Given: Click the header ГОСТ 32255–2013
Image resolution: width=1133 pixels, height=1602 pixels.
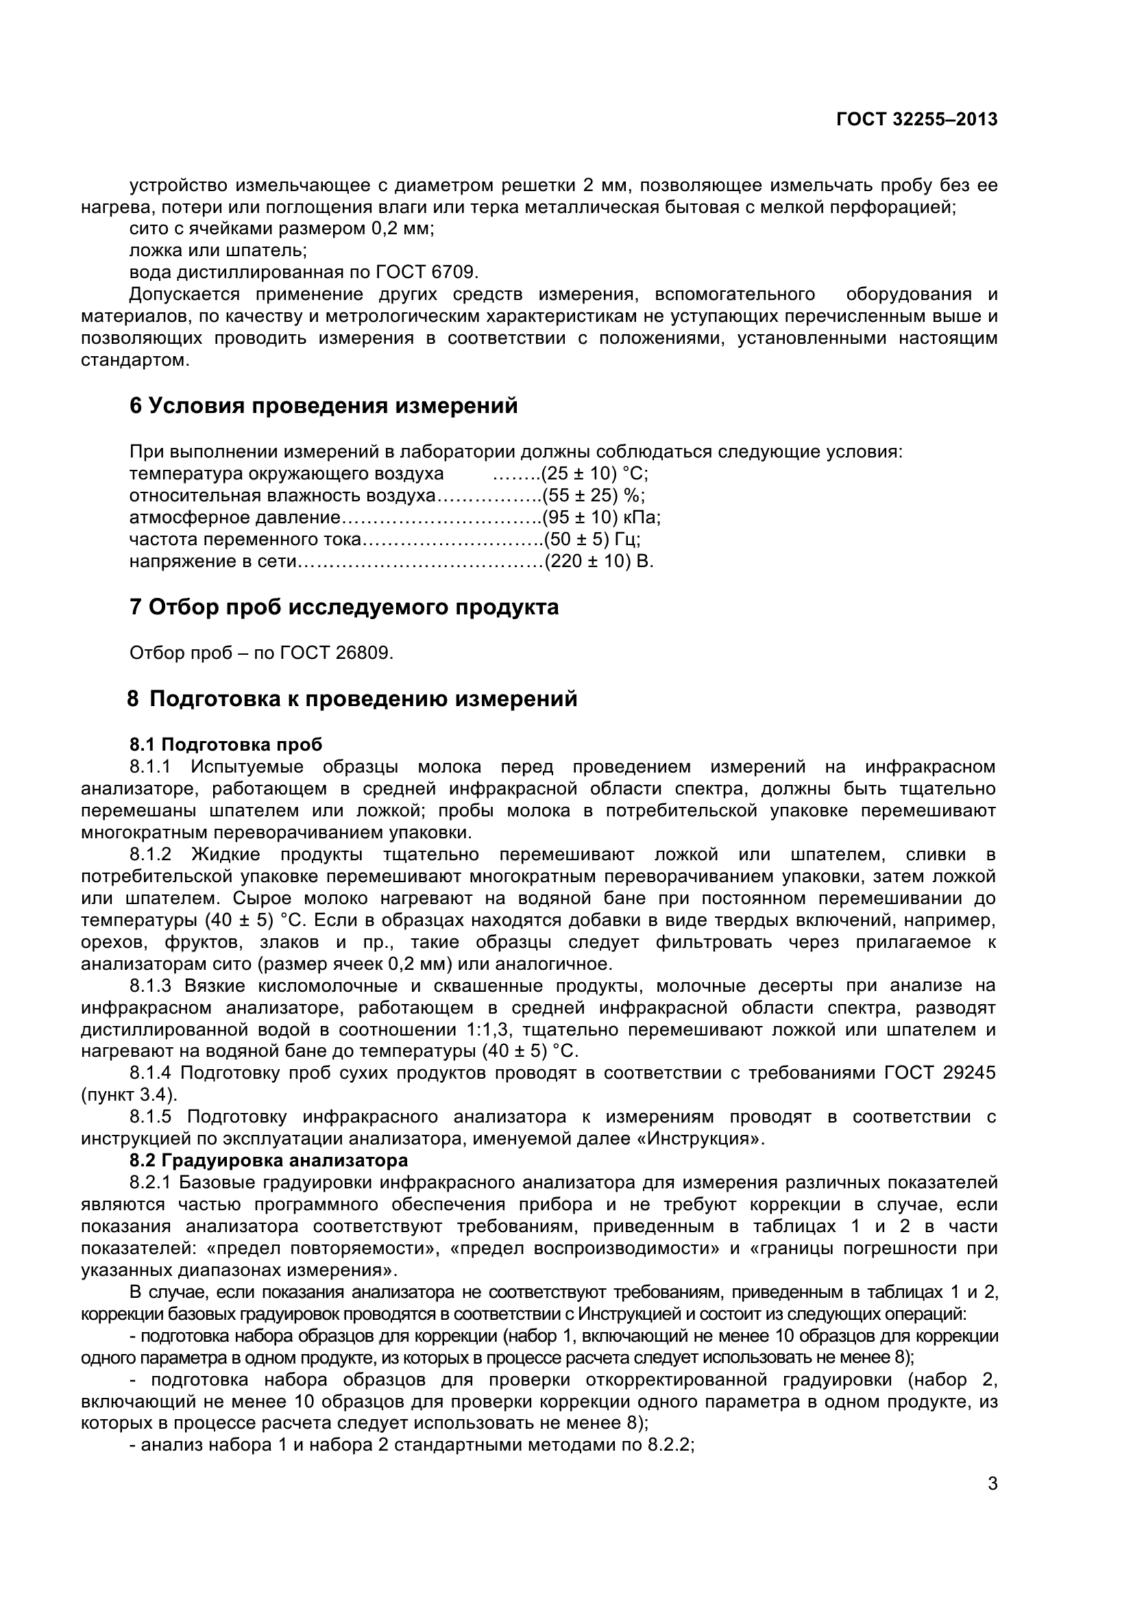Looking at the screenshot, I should click(x=916, y=120).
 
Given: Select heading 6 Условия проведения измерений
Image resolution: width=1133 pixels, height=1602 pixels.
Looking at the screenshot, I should click(x=324, y=405).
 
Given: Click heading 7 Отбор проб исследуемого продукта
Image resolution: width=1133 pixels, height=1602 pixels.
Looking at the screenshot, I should click(x=343, y=607).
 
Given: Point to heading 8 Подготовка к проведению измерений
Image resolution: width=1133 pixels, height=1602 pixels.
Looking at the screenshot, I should click(x=352, y=699).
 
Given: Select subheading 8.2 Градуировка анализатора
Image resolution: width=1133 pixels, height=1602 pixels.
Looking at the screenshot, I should click(x=268, y=1160).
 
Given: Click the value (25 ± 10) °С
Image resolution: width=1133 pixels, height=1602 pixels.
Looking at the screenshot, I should click(x=594, y=474).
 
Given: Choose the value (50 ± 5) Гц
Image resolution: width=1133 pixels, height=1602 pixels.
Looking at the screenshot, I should click(x=591, y=539).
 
